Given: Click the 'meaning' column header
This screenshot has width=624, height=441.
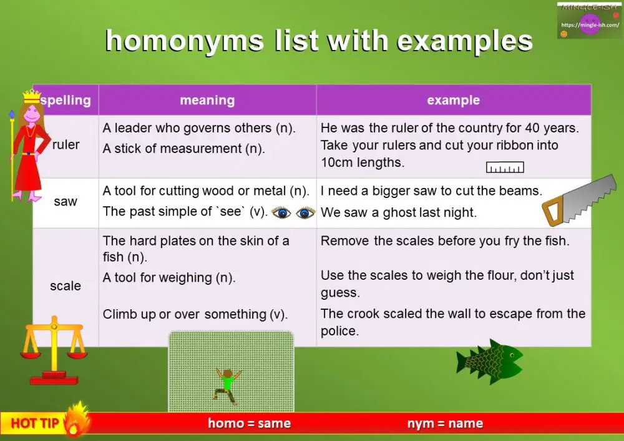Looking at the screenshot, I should click(x=207, y=100).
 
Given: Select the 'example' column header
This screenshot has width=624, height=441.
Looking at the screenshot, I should click(x=453, y=100).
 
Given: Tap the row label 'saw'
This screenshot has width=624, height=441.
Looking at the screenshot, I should click(x=66, y=201).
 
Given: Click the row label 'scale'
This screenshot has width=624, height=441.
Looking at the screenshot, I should click(x=66, y=286).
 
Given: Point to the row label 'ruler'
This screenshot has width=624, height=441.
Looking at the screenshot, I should click(x=66, y=145).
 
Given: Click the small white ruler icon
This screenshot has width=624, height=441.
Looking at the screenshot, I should click(x=505, y=167).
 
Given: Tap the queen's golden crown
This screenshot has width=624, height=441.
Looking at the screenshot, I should click(x=31, y=97).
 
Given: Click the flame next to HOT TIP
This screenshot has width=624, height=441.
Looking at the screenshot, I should click(x=76, y=418).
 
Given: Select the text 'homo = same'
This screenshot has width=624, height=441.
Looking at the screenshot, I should click(x=249, y=424).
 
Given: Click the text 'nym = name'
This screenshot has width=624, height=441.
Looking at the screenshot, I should click(x=445, y=424).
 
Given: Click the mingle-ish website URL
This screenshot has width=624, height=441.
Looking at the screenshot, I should click(x=590, y=25).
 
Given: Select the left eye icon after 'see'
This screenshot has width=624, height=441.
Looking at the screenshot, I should click(x=282, y=212).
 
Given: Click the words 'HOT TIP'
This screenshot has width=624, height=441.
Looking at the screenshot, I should click(x=35, y=424).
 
